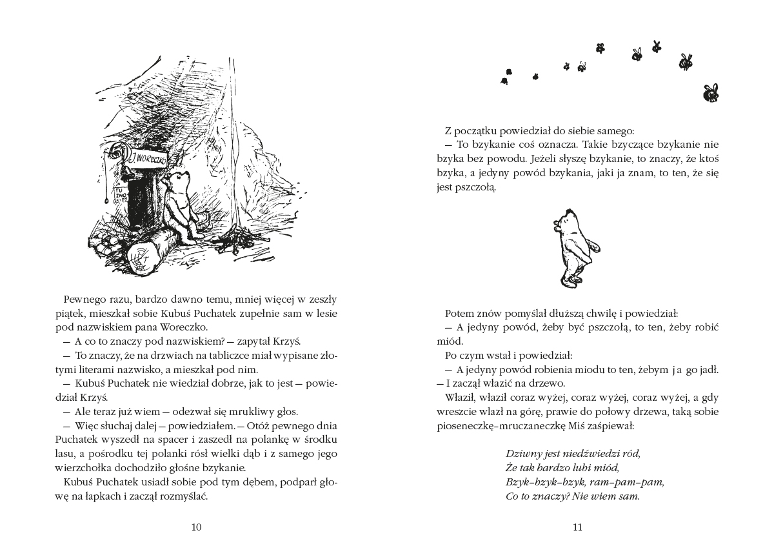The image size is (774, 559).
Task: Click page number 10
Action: [197, 527]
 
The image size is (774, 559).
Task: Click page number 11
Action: [577, 527]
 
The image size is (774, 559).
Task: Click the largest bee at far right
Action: [711, 93]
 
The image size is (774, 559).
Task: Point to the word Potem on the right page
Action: [459, 312]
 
